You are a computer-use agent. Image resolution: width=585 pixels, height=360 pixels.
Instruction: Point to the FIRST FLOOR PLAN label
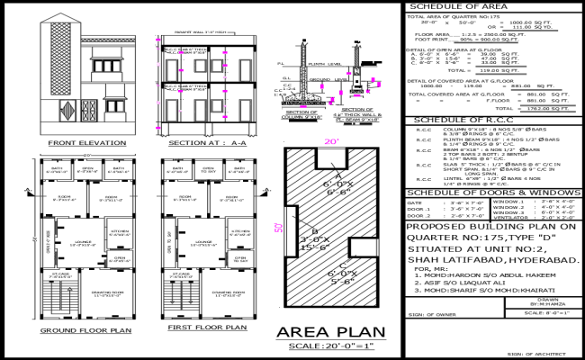[201, 331]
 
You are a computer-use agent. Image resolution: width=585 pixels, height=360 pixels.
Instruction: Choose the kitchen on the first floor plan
[238, 232]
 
